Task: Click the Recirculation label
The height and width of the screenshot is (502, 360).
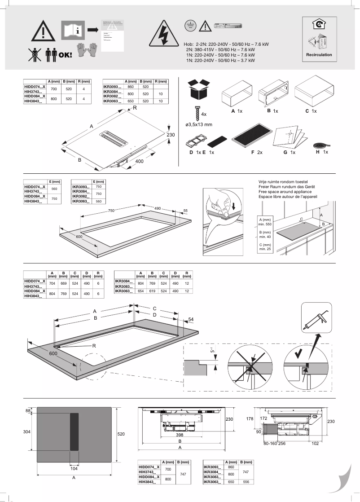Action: coord(319,55)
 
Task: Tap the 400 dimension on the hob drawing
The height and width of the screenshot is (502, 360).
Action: coord(138,162)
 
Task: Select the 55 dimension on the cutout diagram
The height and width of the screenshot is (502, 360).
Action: coord(185,210)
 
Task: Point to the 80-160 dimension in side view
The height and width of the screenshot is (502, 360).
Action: coord(269,443)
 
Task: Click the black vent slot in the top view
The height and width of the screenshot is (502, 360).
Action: coord(74,432)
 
